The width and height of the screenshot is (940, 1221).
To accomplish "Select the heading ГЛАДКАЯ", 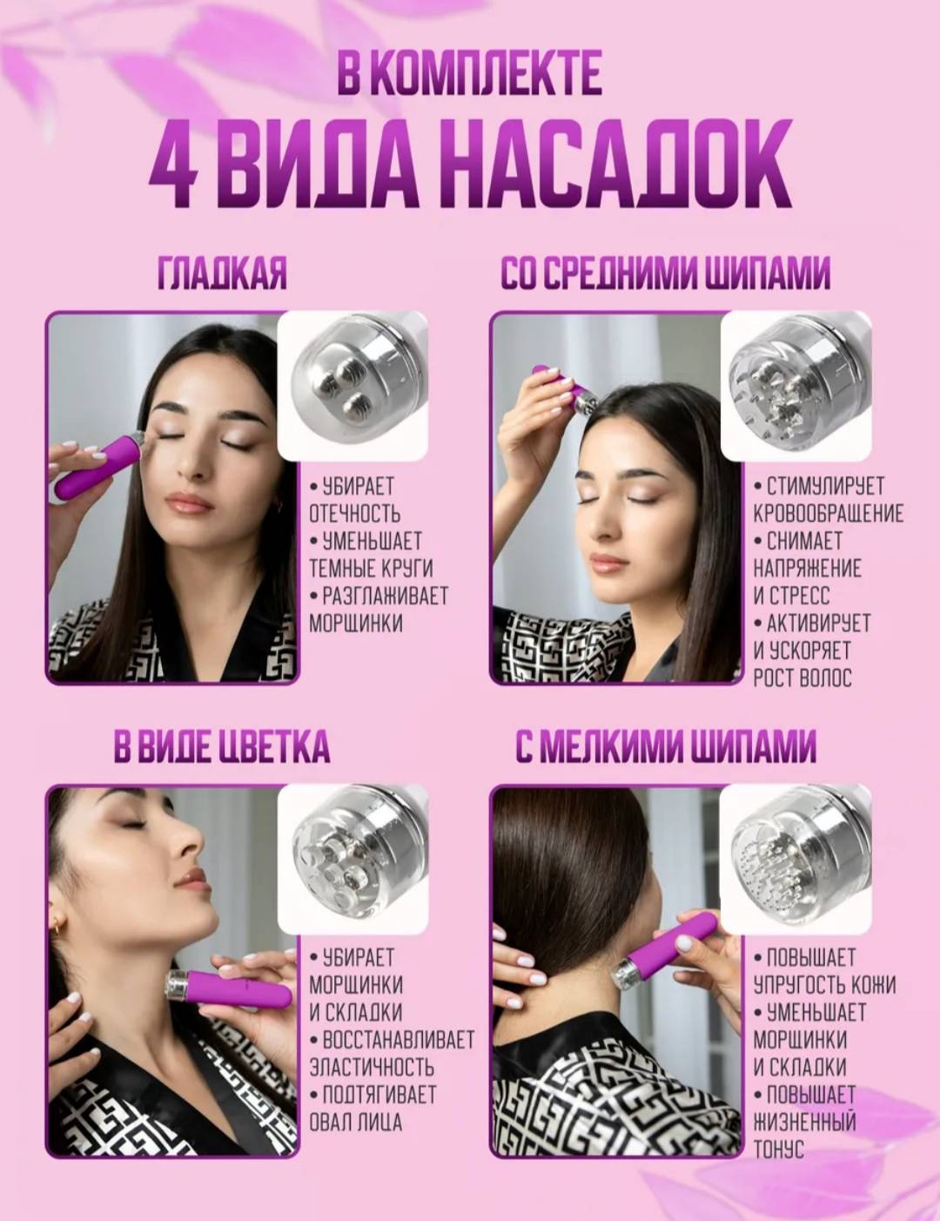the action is (222, 273).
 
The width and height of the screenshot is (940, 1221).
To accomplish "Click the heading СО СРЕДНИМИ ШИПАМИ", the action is (665, 273).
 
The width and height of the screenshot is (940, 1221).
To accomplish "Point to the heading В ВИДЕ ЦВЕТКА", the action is (222, 746).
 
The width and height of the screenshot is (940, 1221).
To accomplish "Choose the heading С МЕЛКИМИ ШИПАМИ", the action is (666, 746).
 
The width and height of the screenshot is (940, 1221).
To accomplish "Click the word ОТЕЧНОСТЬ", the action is (355, 514).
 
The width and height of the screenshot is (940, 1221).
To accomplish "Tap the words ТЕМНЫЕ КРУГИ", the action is (371, 568).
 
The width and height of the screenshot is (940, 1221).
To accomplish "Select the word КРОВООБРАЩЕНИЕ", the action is (829, 514).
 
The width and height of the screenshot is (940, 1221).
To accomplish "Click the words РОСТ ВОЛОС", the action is (802, 678).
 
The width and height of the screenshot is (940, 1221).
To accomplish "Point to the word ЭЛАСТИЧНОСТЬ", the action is (372, 1067).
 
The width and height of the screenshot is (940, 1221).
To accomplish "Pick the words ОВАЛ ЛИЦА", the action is (356, 1122).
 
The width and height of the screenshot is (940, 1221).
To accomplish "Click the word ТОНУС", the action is (778, 1149).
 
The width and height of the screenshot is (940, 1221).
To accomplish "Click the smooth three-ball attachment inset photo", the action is (352, 386).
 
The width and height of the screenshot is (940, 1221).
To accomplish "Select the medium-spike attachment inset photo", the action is (796, 386).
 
